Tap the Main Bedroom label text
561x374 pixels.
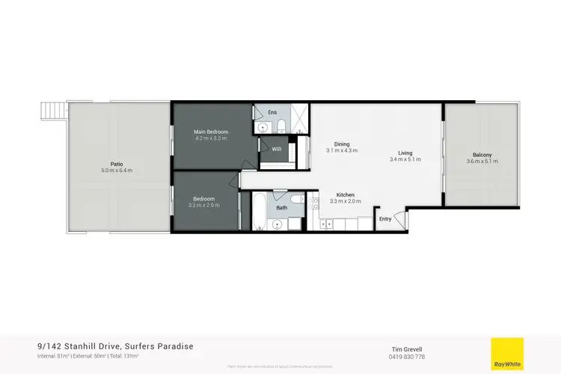pos(211,132)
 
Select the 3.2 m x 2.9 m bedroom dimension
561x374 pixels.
pos(203,205)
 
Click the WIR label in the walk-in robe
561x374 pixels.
pos(276,150)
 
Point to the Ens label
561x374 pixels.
pos(272,111)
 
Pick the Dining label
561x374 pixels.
pos(342,144)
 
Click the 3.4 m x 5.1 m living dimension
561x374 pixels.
pos(405,159)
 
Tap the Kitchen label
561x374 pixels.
pos(346,194)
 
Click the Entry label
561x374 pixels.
pos(385,219)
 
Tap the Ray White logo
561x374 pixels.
pos(506,354)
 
